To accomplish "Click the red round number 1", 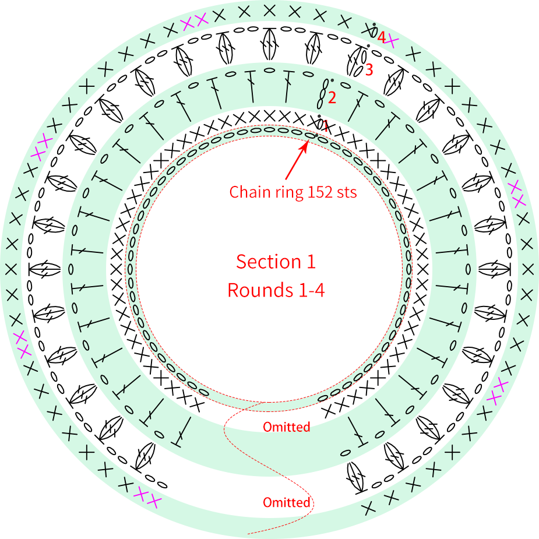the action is pyautogui.click(x=325, y=126).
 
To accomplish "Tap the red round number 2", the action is pyautogui.click(x=332, y=98).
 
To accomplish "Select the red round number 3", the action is pyautogui.click(x=369, y=70).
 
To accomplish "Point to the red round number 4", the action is pyautogui.click(x=382, y=37).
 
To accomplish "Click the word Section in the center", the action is pyautogui.click(x=269, y=262).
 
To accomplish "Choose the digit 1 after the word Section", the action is pyautogui.click(x=311, y=262).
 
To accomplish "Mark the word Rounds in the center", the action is pyautogui.click(x=260, y=290).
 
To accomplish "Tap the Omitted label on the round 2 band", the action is pyautogui.click(x=286, y=427).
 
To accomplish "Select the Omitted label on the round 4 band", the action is pyautogui.click(x=286, y=502).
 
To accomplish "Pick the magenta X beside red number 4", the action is pyautogui.click(x=392, y=42).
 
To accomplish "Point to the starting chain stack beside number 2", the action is pyautogui.click(x=322, y=93).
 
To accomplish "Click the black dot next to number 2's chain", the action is pyautogui.click(x=332, y=80).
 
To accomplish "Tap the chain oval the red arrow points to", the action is pyautogui.click(x=311, y=136).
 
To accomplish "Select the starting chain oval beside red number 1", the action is pyautogui.click(x=320, y=124).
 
